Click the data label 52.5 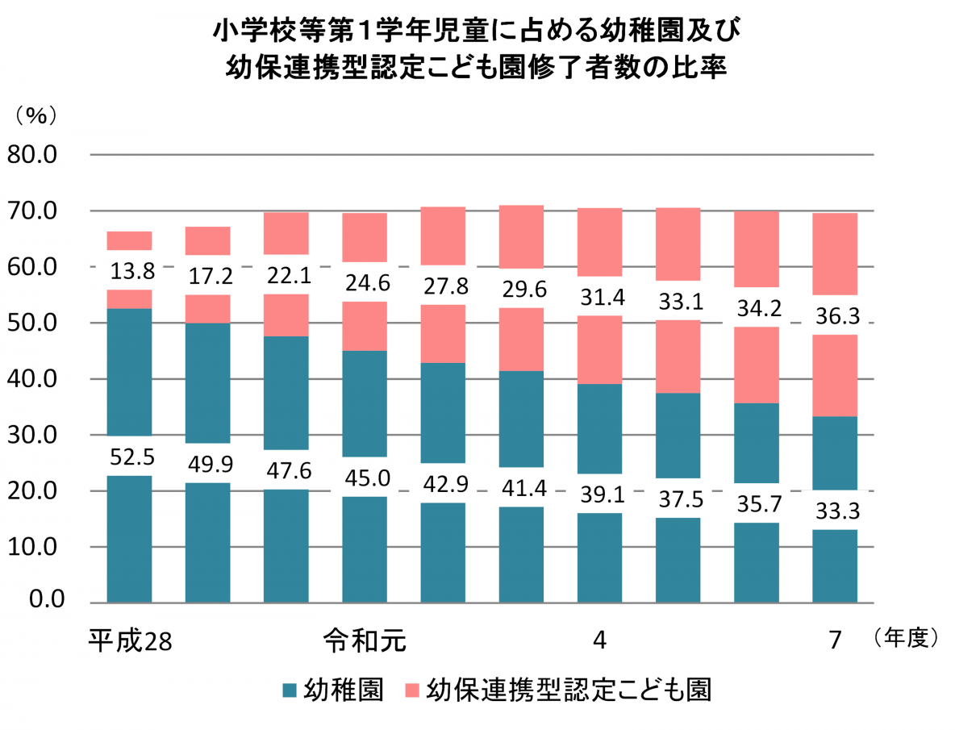pos(129,457)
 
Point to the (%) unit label pos(36,115)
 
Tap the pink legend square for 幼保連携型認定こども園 pos(411,690)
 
